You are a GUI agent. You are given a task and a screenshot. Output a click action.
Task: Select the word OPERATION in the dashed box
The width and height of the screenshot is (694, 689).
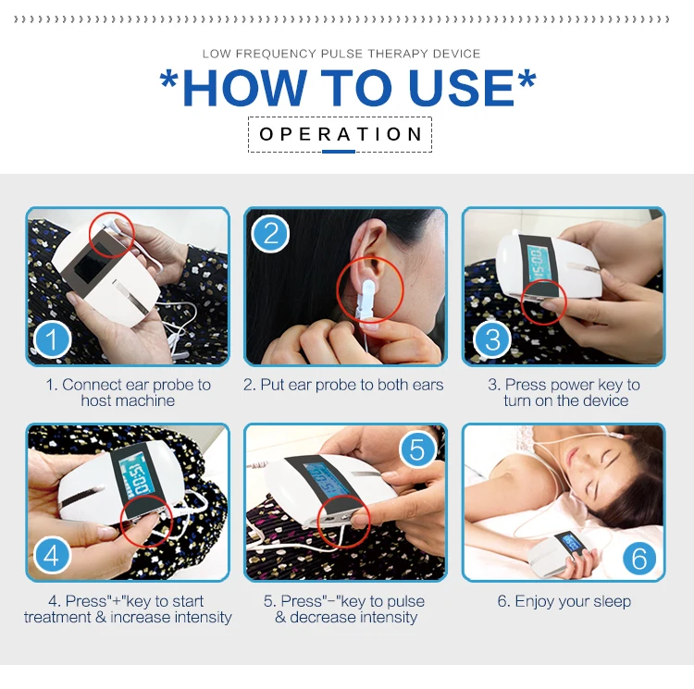tap(341, 134)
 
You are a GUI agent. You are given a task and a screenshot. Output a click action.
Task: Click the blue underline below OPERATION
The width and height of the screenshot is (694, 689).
tap(339, 152)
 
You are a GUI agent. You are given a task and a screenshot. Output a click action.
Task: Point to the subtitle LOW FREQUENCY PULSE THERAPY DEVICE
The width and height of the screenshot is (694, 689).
tap(341, 54)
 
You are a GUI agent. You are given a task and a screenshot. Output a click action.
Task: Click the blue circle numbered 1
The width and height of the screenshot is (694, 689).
tap(52, 339)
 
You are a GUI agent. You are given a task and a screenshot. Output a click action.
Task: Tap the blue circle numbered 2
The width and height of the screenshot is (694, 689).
tap(270, 233)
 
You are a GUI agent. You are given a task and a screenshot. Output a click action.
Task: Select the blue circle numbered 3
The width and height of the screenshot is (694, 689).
tap(492, 339)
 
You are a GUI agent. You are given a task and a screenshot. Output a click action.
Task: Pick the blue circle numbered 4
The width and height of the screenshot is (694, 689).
tap(52, 555)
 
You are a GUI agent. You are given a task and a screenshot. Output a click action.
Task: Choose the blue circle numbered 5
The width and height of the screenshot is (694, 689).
tap(417, 449)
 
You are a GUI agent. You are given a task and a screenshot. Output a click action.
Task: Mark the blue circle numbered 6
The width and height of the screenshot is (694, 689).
tap(639, 558)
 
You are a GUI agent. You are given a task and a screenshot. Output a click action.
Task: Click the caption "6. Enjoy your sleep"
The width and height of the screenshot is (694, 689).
tap(564, 601)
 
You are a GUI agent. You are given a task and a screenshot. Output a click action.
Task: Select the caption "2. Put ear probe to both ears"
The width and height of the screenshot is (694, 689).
tap(343, 385)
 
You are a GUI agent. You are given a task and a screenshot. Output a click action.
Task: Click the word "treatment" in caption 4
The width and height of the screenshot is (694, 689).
tap(57, 617)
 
